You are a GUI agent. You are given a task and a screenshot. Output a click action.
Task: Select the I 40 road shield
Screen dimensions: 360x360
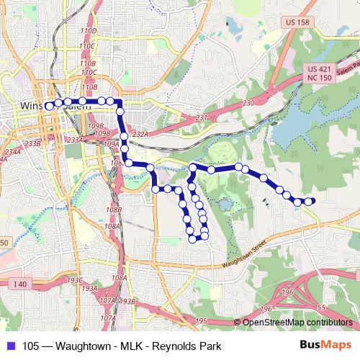click(19, 285)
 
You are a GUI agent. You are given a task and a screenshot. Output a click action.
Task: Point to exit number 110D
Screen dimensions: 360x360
click(89, 31)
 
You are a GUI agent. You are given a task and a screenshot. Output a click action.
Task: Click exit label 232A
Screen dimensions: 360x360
click(140, 134)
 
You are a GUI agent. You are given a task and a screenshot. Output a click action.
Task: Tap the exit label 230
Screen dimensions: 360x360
click(249, 104)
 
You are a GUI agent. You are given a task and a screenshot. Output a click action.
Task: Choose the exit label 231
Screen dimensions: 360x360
click(201, 117)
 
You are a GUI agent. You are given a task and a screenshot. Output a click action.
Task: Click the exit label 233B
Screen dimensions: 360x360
click(32, 144)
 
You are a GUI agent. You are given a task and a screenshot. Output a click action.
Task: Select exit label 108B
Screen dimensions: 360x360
click(112, 210)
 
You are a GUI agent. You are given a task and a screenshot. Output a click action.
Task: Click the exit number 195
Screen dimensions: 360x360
click(201, 320)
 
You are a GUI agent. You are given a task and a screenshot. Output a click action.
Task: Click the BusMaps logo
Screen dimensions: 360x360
click(328, 345)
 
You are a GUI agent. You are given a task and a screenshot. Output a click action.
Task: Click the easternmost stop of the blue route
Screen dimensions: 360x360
click(311, 202)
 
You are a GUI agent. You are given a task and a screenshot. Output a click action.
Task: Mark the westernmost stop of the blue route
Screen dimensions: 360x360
click(49, 106)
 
